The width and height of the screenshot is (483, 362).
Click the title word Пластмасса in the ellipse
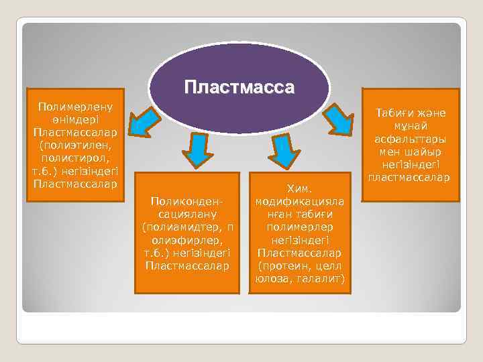[239, 86]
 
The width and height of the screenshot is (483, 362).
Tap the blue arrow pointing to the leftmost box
[144, 121]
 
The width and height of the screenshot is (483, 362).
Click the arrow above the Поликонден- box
[197, 149]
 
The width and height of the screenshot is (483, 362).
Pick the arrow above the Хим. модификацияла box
[284, 151]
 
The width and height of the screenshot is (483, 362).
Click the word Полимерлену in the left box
[76, 106]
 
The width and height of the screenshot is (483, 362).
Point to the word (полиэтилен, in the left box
[76, 144]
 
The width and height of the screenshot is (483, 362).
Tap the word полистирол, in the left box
[76, 157]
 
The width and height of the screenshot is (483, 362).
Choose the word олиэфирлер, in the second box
[186, 239]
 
